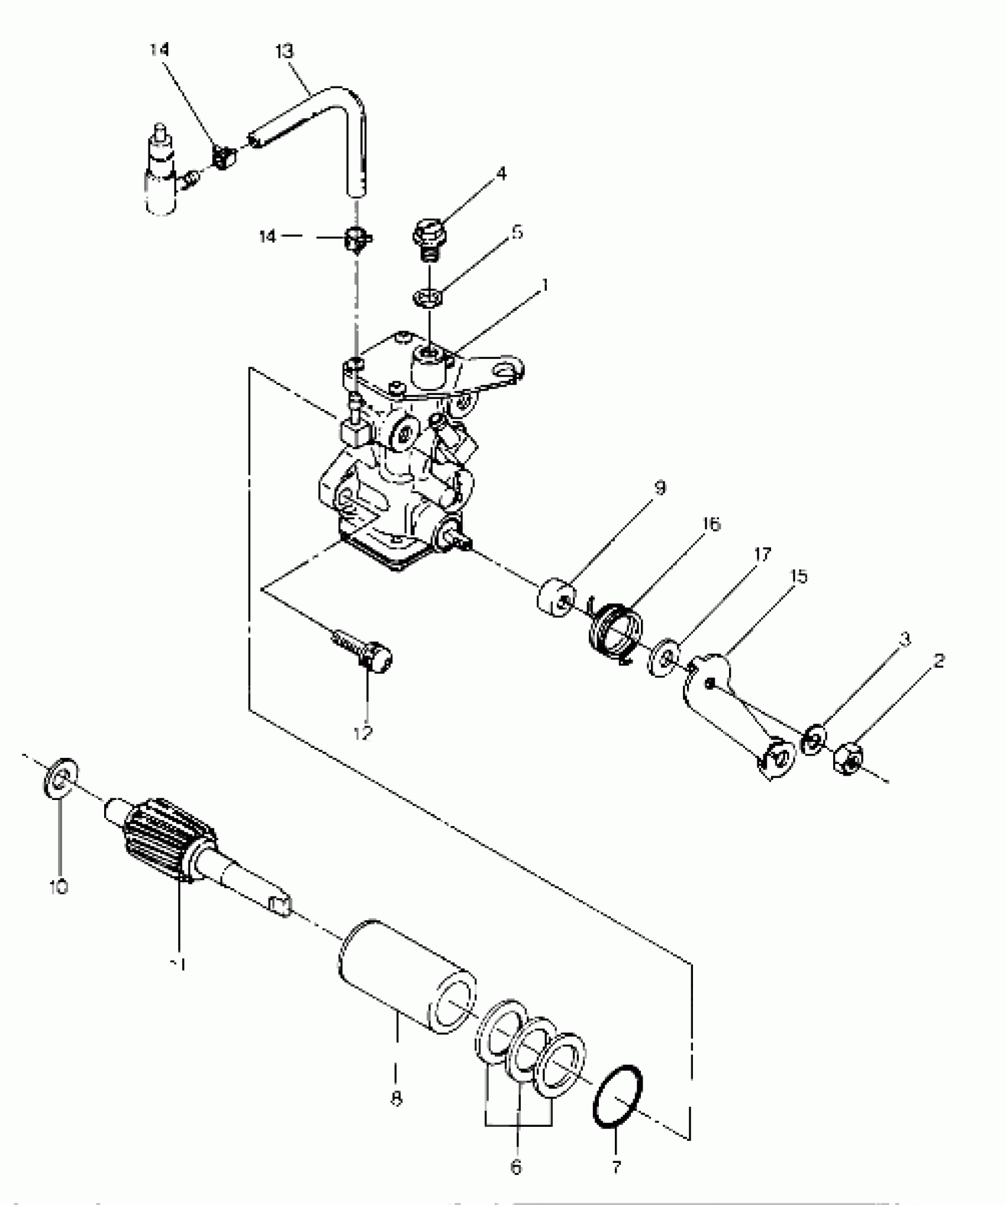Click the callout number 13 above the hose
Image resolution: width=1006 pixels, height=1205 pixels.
[285, 52]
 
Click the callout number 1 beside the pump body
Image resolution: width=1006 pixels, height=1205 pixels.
[545, 285]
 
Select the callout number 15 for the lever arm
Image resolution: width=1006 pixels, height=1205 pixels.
[798, 576]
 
